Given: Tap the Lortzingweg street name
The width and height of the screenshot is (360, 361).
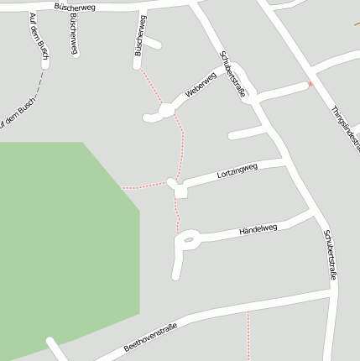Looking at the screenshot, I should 237,171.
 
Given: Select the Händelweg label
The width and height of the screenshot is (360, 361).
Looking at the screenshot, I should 258,228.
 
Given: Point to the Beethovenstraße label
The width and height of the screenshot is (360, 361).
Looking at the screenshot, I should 150,337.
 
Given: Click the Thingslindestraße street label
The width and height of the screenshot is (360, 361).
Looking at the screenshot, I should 345,130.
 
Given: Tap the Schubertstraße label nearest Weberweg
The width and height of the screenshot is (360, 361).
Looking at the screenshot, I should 233,76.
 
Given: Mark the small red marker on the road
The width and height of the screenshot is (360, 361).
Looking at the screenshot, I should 310,84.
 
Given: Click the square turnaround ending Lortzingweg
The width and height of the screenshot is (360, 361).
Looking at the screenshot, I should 180,191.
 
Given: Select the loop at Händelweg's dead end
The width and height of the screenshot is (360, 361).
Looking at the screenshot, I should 187,243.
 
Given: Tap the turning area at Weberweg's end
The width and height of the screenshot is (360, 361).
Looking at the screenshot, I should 165,109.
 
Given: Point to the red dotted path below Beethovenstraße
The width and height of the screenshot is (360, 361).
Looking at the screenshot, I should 248,336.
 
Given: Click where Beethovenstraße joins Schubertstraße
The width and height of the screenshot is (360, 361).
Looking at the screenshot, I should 333,294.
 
